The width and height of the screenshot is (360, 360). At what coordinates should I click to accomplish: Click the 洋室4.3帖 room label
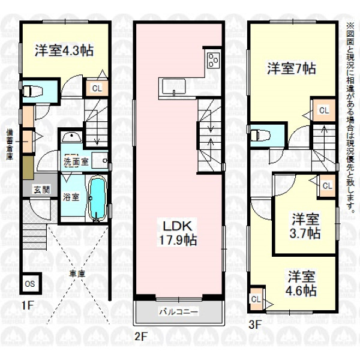coord(64,50)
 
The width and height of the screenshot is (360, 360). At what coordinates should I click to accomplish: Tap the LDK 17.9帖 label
coord(178,233)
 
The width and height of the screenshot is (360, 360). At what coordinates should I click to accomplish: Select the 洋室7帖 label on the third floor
coord(292,68)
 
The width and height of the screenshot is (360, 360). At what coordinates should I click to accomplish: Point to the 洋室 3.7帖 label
coord(305,226)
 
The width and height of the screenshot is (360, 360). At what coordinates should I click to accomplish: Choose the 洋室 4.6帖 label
coord(301,283)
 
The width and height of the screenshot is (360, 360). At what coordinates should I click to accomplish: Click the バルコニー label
coord(179,312)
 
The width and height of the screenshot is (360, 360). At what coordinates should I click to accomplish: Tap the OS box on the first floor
coord(30,284)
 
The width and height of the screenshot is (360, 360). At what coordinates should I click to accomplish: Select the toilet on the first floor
coord(32,91)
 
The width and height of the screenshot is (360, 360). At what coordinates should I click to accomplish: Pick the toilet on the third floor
coord(260,135)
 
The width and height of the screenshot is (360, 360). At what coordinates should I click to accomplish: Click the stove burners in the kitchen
coord(213,60)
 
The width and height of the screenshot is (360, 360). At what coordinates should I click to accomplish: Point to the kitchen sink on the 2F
coord(174,86)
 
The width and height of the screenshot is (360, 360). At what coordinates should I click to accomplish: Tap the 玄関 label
coord(41,190)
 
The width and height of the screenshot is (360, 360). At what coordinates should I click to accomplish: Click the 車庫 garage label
coord(78,274)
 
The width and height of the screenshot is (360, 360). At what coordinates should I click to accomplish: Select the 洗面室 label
coord(76,162)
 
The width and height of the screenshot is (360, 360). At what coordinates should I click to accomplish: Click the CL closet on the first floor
coord(97,88)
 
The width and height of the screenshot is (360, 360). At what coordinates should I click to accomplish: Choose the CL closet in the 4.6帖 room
coord(256,299)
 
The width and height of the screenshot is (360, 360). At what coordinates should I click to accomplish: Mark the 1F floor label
coord(27,305)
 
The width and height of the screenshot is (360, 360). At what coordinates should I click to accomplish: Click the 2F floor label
coord(141,337)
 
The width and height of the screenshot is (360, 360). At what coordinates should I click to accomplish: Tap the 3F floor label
coord(256,325)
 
